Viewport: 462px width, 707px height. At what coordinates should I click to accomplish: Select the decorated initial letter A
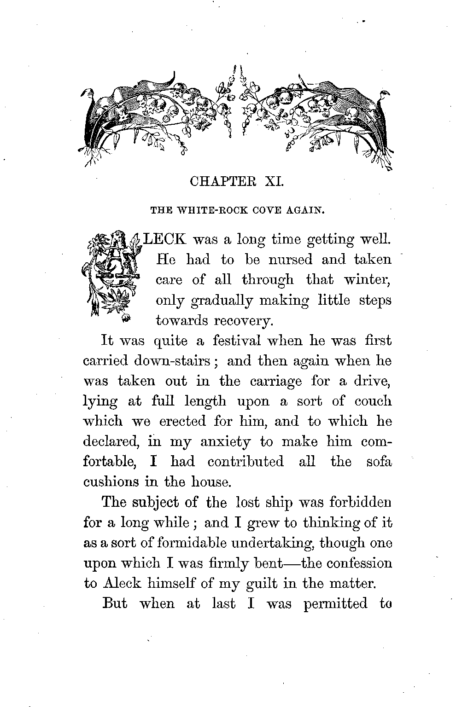point(111,276)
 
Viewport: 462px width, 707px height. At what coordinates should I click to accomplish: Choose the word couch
point(373,401)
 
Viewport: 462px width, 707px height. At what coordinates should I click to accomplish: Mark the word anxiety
point(226,442)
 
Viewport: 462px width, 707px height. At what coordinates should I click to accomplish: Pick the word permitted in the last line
point(336,603)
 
